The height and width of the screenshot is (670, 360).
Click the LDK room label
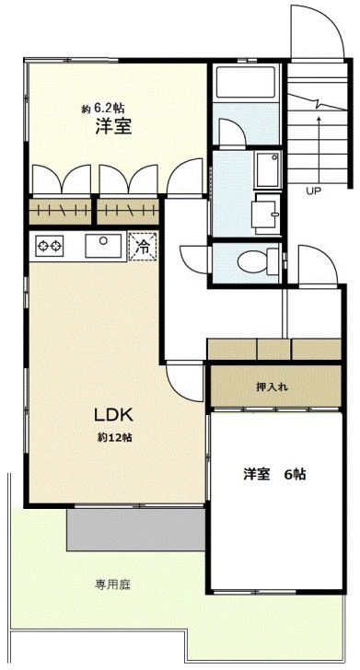(x=113, y=414)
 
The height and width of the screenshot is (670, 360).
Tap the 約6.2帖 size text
(x=103, y=109)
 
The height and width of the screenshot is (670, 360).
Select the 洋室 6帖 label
(x=274, y=474)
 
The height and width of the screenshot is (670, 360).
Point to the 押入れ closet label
(x=272, y=387)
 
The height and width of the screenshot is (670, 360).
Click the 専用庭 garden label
(x=112, y=584)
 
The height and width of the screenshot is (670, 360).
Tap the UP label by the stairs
(x=313, y=191)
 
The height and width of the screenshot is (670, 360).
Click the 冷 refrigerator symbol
(x=143, y=247)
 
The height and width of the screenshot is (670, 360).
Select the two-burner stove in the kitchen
(x=50, y=246)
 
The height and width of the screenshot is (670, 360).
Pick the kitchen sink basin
(x=103, y=246)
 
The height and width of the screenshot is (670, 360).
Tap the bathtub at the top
(x=246, y=82)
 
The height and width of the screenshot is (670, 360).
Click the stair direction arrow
(x=319, y=149)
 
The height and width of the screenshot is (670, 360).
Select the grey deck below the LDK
(x=135, y=529)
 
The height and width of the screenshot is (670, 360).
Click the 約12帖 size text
(x=114, y=438)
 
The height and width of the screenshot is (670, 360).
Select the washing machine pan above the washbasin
(x=268, y=169)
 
